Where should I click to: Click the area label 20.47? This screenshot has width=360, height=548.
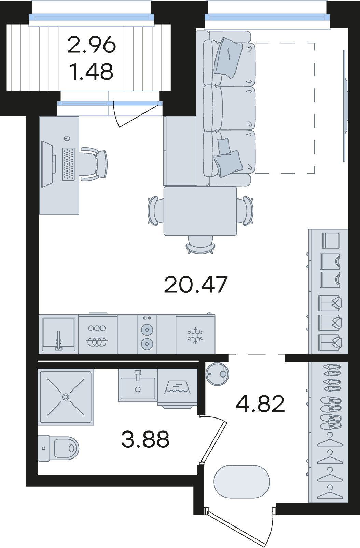click(196, 284)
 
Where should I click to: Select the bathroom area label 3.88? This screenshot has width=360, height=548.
click(145, 439)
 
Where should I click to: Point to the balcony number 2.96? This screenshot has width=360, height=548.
click(91, 44)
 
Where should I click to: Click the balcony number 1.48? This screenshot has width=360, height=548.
click(91, 71)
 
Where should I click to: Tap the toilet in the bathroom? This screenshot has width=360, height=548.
click(58, 448)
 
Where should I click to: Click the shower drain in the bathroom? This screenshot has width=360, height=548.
click(66, 397)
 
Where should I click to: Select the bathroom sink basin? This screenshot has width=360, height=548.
click(138, 386)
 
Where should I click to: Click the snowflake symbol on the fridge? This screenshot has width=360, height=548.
click(195, 335)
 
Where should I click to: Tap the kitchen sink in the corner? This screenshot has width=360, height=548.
click(58, 334)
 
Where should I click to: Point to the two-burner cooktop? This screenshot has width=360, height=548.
click(147, 334)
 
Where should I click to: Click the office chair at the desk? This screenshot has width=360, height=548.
click(94, 164)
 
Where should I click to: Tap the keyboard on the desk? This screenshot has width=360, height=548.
click(68, 164)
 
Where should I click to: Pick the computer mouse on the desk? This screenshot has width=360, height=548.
click(67, 139)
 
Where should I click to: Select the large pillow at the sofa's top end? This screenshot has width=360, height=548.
click(228, 57)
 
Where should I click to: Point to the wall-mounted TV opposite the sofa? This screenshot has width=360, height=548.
click(345, 106)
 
